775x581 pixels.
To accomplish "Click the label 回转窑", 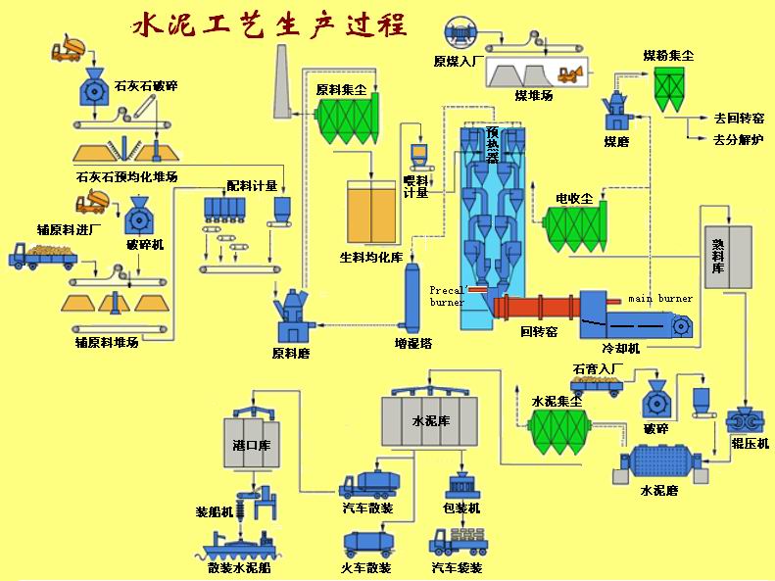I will coord(538,333).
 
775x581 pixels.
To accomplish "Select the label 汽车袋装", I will coord(458,567).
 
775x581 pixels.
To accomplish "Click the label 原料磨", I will coord(290,353).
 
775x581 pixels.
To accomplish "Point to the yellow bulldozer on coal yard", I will coord(567,73).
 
